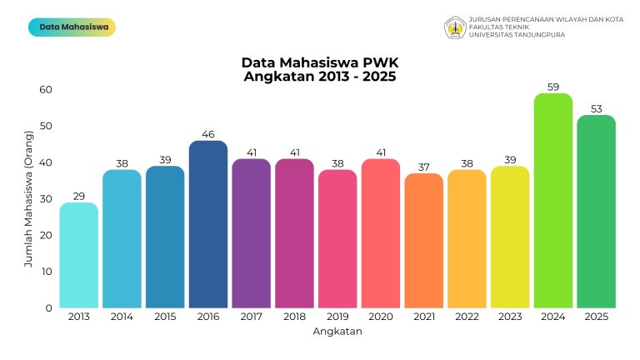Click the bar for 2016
(208, 225)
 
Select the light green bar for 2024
(553, 201)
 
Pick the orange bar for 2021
(424, 241)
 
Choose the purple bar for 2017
(252, 233)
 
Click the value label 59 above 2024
(553, 87)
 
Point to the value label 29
(79, 196)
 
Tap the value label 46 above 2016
(208, 134)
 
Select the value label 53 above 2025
(597, 108)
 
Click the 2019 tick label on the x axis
(337, 317)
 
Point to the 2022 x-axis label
(467, 317)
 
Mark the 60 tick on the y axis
(45, 90)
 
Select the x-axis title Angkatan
(337, 332)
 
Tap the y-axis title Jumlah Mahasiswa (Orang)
(28, 198)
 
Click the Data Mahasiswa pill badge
(72, 27)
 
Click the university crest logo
(455, 27)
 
